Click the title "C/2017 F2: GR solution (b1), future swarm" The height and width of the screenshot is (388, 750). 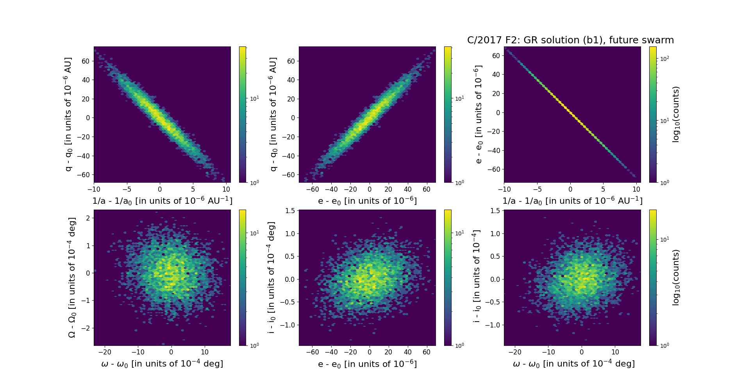pyautogui.click(x=570, y=40)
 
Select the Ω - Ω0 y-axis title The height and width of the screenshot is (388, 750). pyautogui.click(x=72, y=278)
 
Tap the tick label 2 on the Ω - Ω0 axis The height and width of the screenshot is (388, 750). pyautogui.click(x=88, y=218)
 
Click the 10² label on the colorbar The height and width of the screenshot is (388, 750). pyautogui.click(x=664, y=59)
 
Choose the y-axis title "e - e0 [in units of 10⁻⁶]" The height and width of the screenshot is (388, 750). pyautogui.click(x=478, y=114)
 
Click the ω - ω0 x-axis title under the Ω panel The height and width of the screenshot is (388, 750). pyautogui.click(x=162, y=364)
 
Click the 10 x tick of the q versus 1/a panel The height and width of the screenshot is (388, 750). pyautogui.click(x=226, y=189)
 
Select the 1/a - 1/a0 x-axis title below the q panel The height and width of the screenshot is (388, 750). pyautogui.click(x=162, y=201)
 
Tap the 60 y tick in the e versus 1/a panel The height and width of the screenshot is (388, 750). pyautogui.click(x=496, y=55)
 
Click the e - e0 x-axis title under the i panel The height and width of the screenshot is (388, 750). pyautogui.click(x=367, y=364)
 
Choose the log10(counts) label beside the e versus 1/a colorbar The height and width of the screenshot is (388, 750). pyautogui.click(x=676, y=114)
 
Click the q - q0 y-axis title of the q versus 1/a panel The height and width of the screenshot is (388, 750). pyautogui.click(x=69, y=114)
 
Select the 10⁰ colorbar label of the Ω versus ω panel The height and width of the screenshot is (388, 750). pyautogui.click(x=254, y=345)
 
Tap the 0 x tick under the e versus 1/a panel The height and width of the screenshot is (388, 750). pyautogui.click(x=570, y=189)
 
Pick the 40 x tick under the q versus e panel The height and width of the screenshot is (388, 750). pyautogui.click(x=407, y=189)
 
